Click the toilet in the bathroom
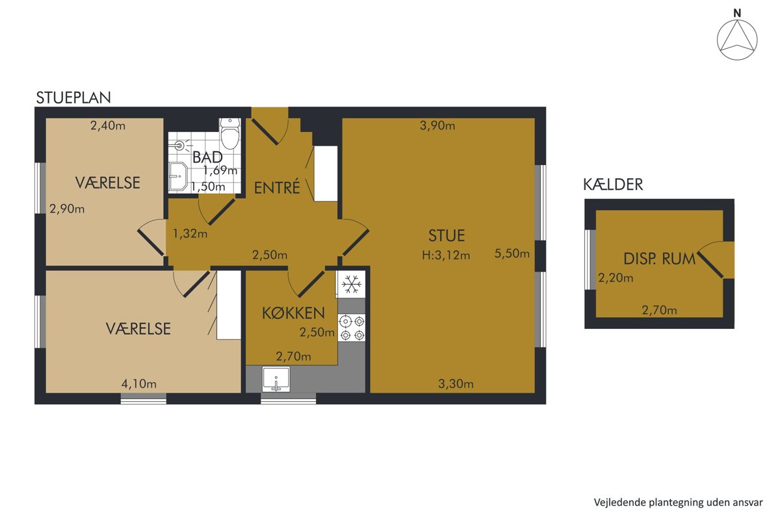pos(230,133)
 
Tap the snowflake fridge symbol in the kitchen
pos(352,284)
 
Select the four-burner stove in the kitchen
pos(352,328)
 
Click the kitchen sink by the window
pos(276,379)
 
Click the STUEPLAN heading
pos(73,98)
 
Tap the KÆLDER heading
pos(613,185)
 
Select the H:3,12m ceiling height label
pos(446,255)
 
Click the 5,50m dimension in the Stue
pos(512,253)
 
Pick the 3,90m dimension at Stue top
pos(437,125)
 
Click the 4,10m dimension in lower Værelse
pos(138,384)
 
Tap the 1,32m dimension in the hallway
pos(190,233)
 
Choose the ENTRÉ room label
pos(277,188)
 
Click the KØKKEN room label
pos(293,313)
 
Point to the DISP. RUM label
pos(659,259)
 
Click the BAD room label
pos(207,157)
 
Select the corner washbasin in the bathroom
pos(178,177)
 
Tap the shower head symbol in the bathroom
pos(179,145)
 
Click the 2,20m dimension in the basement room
pos(616,278)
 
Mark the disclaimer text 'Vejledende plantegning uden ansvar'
pos(679,502)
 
